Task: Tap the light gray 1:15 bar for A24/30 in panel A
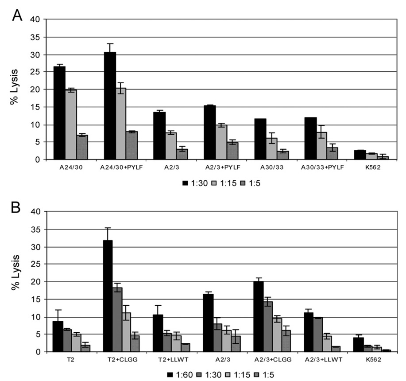tap(71, 124)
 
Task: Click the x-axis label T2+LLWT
tap(165, 359)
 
